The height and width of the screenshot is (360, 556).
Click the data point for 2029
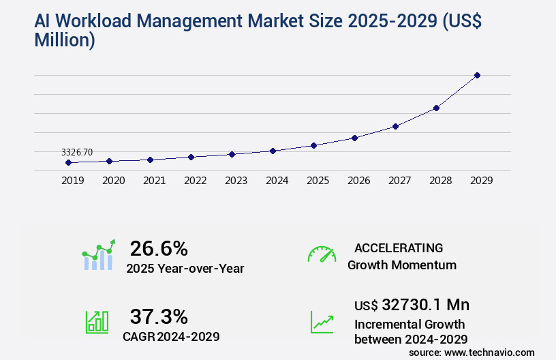[x=477, y=75]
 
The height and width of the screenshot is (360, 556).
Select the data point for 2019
[x=68, y=162]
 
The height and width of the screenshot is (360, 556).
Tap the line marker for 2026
[x=354, y=138]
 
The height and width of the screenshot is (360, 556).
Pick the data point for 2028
[x=436, y=108]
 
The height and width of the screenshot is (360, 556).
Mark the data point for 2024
[x=273, y=151]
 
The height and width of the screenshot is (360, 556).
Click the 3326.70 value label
[x=77, y=152]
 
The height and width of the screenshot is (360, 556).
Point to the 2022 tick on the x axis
[x=195, y=181]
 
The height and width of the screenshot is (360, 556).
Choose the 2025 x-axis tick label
[x=318, y=181]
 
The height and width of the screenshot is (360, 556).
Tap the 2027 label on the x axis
[x=399, y=181]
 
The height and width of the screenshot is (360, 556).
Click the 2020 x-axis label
[x=113, y=181]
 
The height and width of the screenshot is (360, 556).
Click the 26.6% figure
[x=159, y=248]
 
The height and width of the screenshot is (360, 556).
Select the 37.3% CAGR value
[x=159, y=316]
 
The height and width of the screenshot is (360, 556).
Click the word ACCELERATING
[x=399, y=247]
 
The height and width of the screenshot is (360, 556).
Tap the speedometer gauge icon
[x=322, y=254]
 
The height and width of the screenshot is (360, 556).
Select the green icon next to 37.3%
[x=97, y=322]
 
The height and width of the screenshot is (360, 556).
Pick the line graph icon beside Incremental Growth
[x=322, y=322]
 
